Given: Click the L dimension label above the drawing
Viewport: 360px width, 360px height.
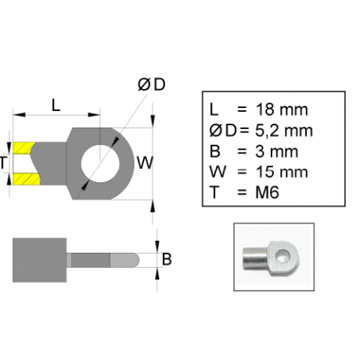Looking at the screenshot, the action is [x=56, y=106].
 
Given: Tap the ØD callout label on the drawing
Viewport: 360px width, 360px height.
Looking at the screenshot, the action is [x=152, y=85].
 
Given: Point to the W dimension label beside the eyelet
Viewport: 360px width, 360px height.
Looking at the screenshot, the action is [x=145, y=163].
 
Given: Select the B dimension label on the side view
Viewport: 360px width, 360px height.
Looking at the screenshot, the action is [x=167, y=259].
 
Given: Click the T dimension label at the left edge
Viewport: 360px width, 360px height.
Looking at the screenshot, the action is [x=3, y=163].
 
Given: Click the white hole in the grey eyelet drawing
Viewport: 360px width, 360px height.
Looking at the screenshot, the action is [x=100, y=164].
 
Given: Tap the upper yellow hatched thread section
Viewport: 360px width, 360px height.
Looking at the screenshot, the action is [x=23, y=148].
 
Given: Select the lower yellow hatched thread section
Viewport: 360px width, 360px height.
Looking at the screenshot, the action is [x=27, y=179].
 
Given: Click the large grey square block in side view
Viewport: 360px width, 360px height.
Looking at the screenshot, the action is [x=39, y=260].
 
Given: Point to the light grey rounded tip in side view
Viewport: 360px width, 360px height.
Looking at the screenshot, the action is [x=124, y=260].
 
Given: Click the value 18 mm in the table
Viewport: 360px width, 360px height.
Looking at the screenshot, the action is [x=282, y=110].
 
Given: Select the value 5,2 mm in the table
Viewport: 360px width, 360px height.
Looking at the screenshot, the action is [x=284, y=131].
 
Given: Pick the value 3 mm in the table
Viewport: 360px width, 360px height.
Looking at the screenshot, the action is [x=276, y=151].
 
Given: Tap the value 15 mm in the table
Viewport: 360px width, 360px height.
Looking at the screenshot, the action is [x=282, y=172].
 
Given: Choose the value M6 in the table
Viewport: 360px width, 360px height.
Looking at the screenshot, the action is [x=267, y=193].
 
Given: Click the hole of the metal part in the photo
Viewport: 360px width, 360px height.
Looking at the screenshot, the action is [x=283, y=256].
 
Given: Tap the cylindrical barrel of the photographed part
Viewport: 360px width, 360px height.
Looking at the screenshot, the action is [x=255, y=259].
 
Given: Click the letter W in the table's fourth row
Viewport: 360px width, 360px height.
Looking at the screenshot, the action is [x=218, y=172].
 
